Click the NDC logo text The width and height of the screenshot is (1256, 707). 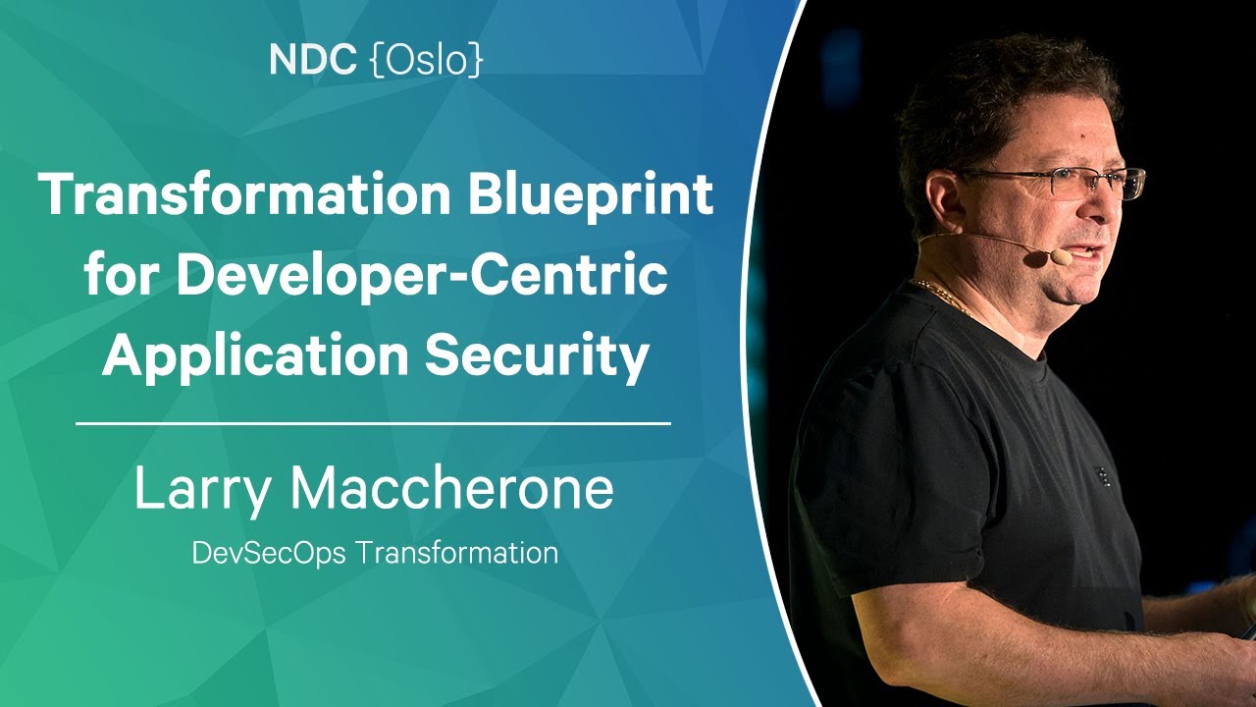pyautogui.click(x=312, y=60)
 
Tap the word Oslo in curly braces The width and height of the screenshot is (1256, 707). pyautogui.click(x=427, y=60)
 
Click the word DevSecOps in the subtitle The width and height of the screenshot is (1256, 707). pyautogui.click(x=269, y=553)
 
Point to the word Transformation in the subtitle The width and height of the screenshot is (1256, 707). pyautogui.click(x=457, y=552)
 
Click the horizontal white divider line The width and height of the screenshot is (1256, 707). pyautogui.click(x=374, y=423)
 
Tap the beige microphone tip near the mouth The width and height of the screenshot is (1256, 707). pyautogui.click(x=1061, y=257)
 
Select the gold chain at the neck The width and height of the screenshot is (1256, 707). pyautogui.click(x=942, y=295)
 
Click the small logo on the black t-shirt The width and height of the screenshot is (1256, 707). pyautogui.click(x=1102, y=476)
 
